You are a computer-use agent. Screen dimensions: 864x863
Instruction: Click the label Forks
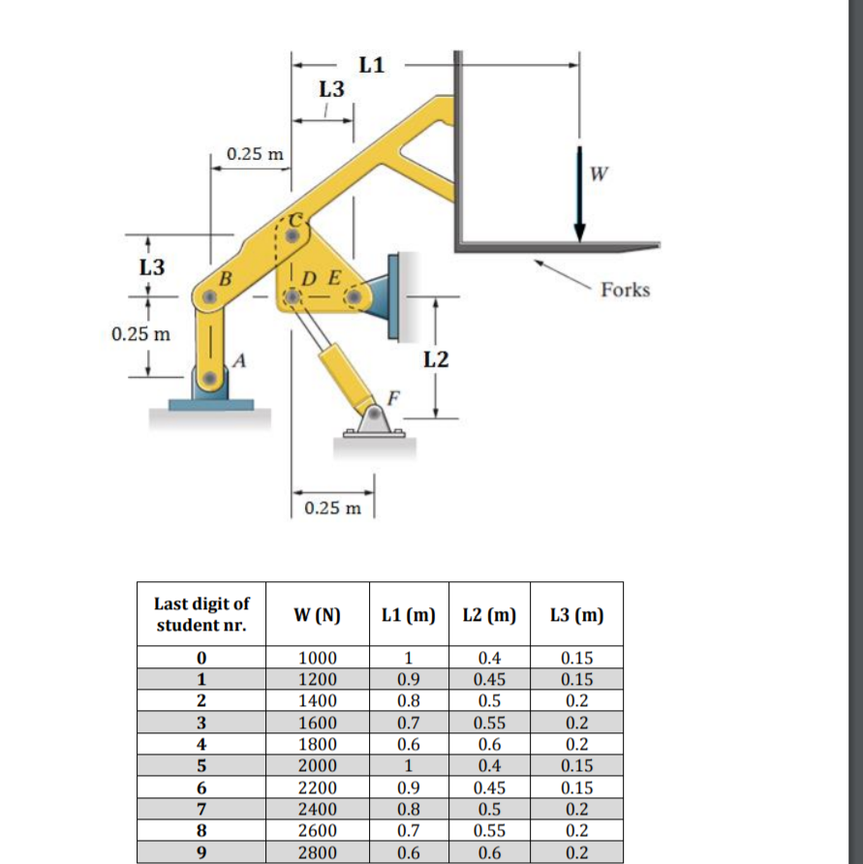pos(625,290)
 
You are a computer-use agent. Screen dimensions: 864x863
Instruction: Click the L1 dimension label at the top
pos(371,66)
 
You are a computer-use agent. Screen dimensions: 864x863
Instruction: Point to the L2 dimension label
pos(437,360)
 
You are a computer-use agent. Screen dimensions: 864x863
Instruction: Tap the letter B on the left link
pos(229,279)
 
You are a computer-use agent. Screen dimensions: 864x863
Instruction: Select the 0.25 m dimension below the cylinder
pos(331,508)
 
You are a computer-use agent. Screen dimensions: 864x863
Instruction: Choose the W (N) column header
pos(319,614)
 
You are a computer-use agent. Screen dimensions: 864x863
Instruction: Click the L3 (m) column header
pos(576,614)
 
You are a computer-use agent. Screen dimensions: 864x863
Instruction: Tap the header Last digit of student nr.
pos(201,614)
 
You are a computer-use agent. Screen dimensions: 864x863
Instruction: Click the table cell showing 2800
pos(319,852)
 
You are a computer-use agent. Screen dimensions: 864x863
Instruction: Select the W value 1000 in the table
pos(319,658)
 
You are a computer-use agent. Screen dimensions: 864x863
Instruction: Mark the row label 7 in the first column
pos(201,809)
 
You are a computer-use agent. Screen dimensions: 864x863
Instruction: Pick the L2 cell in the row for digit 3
pos(489,723)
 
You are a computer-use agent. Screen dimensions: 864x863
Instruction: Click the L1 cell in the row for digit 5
pos(407,765)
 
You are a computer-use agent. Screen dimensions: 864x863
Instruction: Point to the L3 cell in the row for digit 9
pos(576,852)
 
